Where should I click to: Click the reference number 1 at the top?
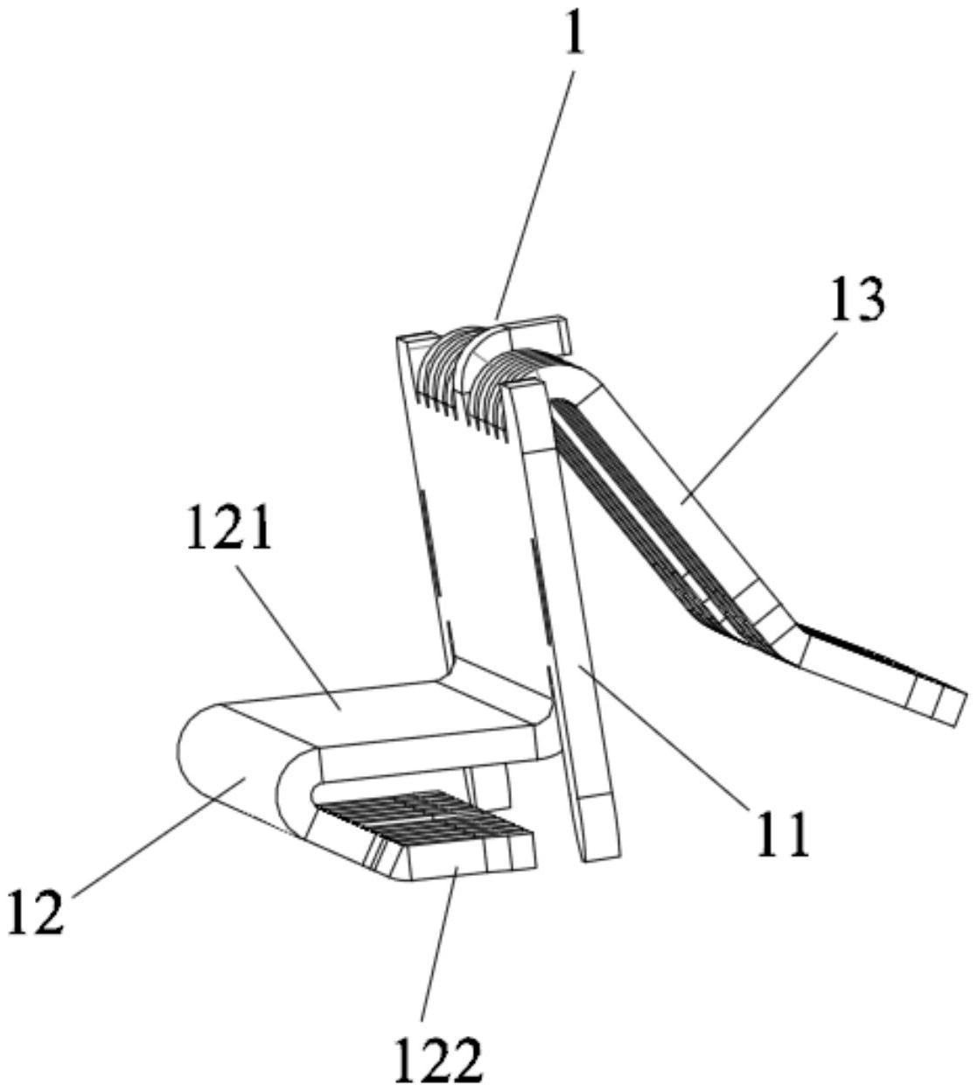tap(576, 35)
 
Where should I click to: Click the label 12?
tap(37, 911)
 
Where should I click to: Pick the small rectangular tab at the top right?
tap(539, 334)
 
